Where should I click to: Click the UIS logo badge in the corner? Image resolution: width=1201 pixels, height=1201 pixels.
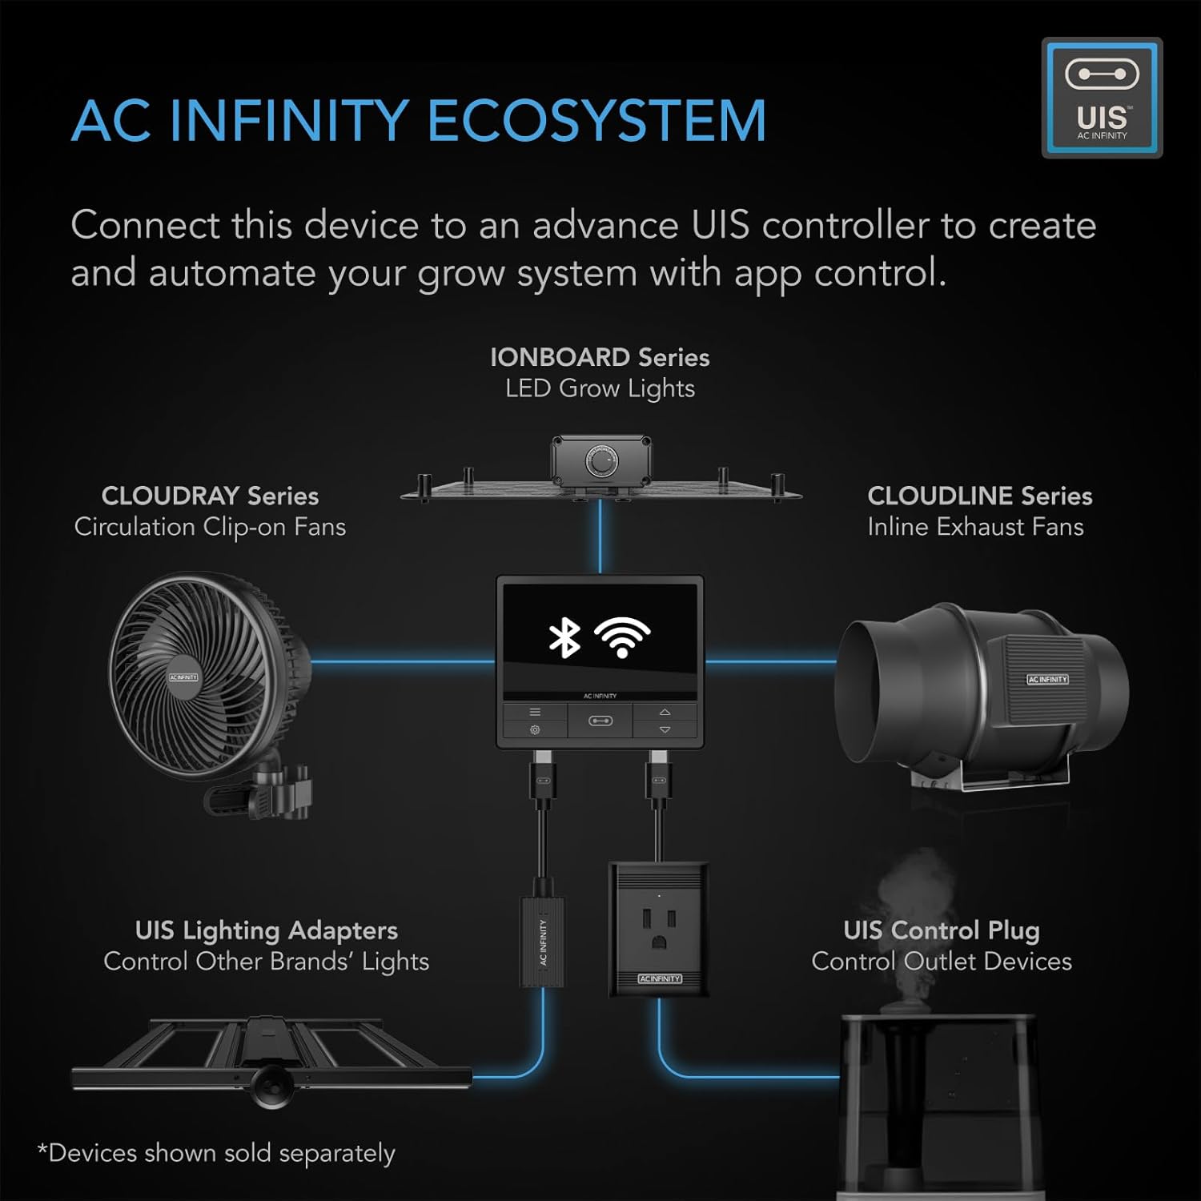pos(1102,98)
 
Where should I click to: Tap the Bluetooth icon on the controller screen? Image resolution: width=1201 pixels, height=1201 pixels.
pos(564,637)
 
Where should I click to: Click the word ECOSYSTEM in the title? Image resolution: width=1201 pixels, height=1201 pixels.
pos(596,122)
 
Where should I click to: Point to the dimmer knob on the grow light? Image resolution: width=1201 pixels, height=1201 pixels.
pos(603,463)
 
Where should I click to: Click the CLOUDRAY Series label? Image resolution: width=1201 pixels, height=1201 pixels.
pos(210,496)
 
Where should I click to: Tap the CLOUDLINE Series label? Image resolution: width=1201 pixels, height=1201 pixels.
pos(979,496)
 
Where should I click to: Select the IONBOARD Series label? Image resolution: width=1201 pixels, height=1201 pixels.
pos(600,357)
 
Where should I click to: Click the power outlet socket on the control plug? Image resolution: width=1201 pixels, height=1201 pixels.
pos(658,928)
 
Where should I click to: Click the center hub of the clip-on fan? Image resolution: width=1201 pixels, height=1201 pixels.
pos(183,677)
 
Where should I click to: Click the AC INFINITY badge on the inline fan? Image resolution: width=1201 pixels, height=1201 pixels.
pos(1047,679)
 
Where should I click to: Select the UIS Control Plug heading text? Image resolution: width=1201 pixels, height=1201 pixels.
pos(942,930)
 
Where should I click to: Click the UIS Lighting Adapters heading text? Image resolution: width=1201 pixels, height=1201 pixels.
pos(266,930)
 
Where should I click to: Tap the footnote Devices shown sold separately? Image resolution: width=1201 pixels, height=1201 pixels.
pos(217,1153)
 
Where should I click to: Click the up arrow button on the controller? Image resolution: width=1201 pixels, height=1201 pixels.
pos(665,712)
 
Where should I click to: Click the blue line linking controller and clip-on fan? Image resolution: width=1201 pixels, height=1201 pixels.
pos(400,662)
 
